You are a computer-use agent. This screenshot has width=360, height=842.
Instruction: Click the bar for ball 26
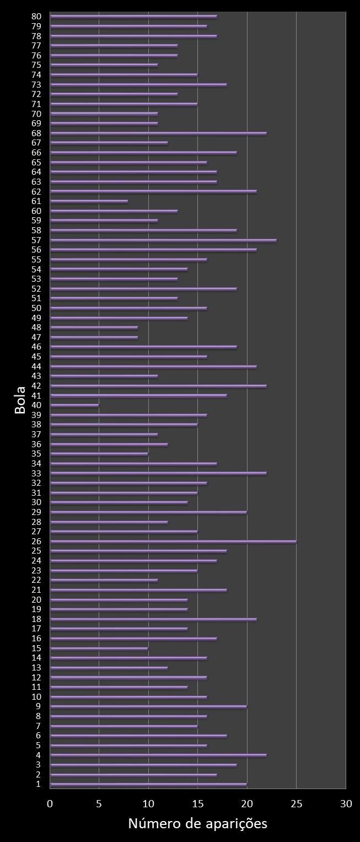point(173,541)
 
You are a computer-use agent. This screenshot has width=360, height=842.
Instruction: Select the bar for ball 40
point(74,405)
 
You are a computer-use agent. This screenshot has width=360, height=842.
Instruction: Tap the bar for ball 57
point(163,240)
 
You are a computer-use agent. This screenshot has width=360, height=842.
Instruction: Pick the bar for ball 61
point(89,201)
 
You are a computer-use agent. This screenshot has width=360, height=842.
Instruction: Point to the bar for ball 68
point(158,133)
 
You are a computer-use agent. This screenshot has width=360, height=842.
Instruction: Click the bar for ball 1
point(148,784)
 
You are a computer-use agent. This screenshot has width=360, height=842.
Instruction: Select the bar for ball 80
point(133,17)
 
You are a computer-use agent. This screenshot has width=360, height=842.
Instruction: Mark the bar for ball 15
point(99,648)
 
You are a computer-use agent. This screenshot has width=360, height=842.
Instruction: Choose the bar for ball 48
point(94,328)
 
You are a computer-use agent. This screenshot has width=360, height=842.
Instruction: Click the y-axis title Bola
point(20,400)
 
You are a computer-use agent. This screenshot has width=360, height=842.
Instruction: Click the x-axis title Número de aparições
point(197,823)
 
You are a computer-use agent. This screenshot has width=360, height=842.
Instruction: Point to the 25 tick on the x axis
point(297,804)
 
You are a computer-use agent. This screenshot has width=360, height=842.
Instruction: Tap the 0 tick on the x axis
point(50,804)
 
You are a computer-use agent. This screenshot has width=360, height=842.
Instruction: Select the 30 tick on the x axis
point(346,804)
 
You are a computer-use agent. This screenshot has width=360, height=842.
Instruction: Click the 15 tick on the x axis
point(198,804)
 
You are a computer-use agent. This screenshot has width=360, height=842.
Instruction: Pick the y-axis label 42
point(36,386)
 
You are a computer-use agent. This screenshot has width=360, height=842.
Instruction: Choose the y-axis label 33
point(36,473)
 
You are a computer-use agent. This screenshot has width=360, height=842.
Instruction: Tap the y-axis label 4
point(38,755)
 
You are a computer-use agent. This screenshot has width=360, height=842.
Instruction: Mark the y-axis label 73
point(36,84)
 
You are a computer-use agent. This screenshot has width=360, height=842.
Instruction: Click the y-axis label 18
point(36,619)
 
